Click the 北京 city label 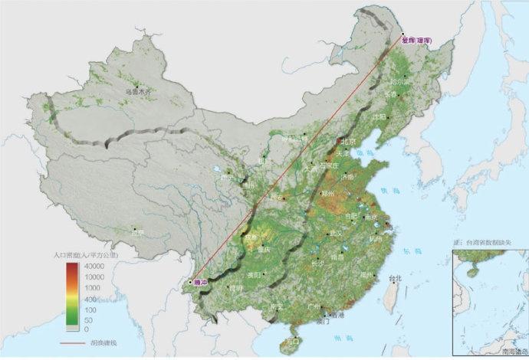pyautogui.click(x=350, y=142)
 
